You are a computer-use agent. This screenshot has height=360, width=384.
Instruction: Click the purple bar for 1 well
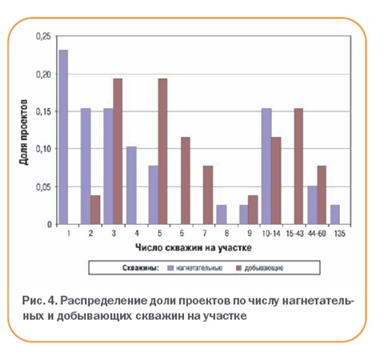click(63, 137)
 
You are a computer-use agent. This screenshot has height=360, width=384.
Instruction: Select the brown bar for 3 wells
click(118, 151)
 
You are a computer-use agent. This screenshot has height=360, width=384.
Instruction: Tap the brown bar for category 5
click(162, 151)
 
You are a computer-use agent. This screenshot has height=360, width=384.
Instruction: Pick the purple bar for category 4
click(131, 186)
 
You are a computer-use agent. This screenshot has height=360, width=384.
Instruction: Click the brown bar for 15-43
click(298, 166)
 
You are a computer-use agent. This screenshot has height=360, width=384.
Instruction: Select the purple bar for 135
click(335, 214)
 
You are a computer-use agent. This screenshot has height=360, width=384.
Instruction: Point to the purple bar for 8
click(222, 214)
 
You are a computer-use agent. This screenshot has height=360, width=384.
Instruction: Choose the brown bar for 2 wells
click(95, 210)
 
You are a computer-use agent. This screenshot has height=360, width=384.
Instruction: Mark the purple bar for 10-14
click(266, 166)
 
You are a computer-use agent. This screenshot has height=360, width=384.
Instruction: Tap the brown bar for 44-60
click(322, 195)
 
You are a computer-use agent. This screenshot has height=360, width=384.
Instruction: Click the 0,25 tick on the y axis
click(43, 37)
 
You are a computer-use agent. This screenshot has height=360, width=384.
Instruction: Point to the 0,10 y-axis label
click(43, 149)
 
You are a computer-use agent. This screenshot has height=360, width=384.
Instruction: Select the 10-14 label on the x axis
click(271, 234)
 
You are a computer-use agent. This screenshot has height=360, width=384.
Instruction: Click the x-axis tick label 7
click(205, 234)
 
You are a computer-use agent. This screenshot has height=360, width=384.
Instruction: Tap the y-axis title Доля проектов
click(24, 132)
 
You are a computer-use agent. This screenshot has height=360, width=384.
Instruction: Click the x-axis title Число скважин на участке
click(194, 248)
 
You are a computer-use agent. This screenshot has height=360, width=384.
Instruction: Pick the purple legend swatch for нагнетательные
click(170, 268)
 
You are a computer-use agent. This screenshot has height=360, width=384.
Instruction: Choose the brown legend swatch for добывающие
click(239, 268)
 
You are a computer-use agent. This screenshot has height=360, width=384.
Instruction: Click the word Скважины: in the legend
click(141, 268)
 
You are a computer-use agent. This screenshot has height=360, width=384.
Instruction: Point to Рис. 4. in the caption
click(40, 301)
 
